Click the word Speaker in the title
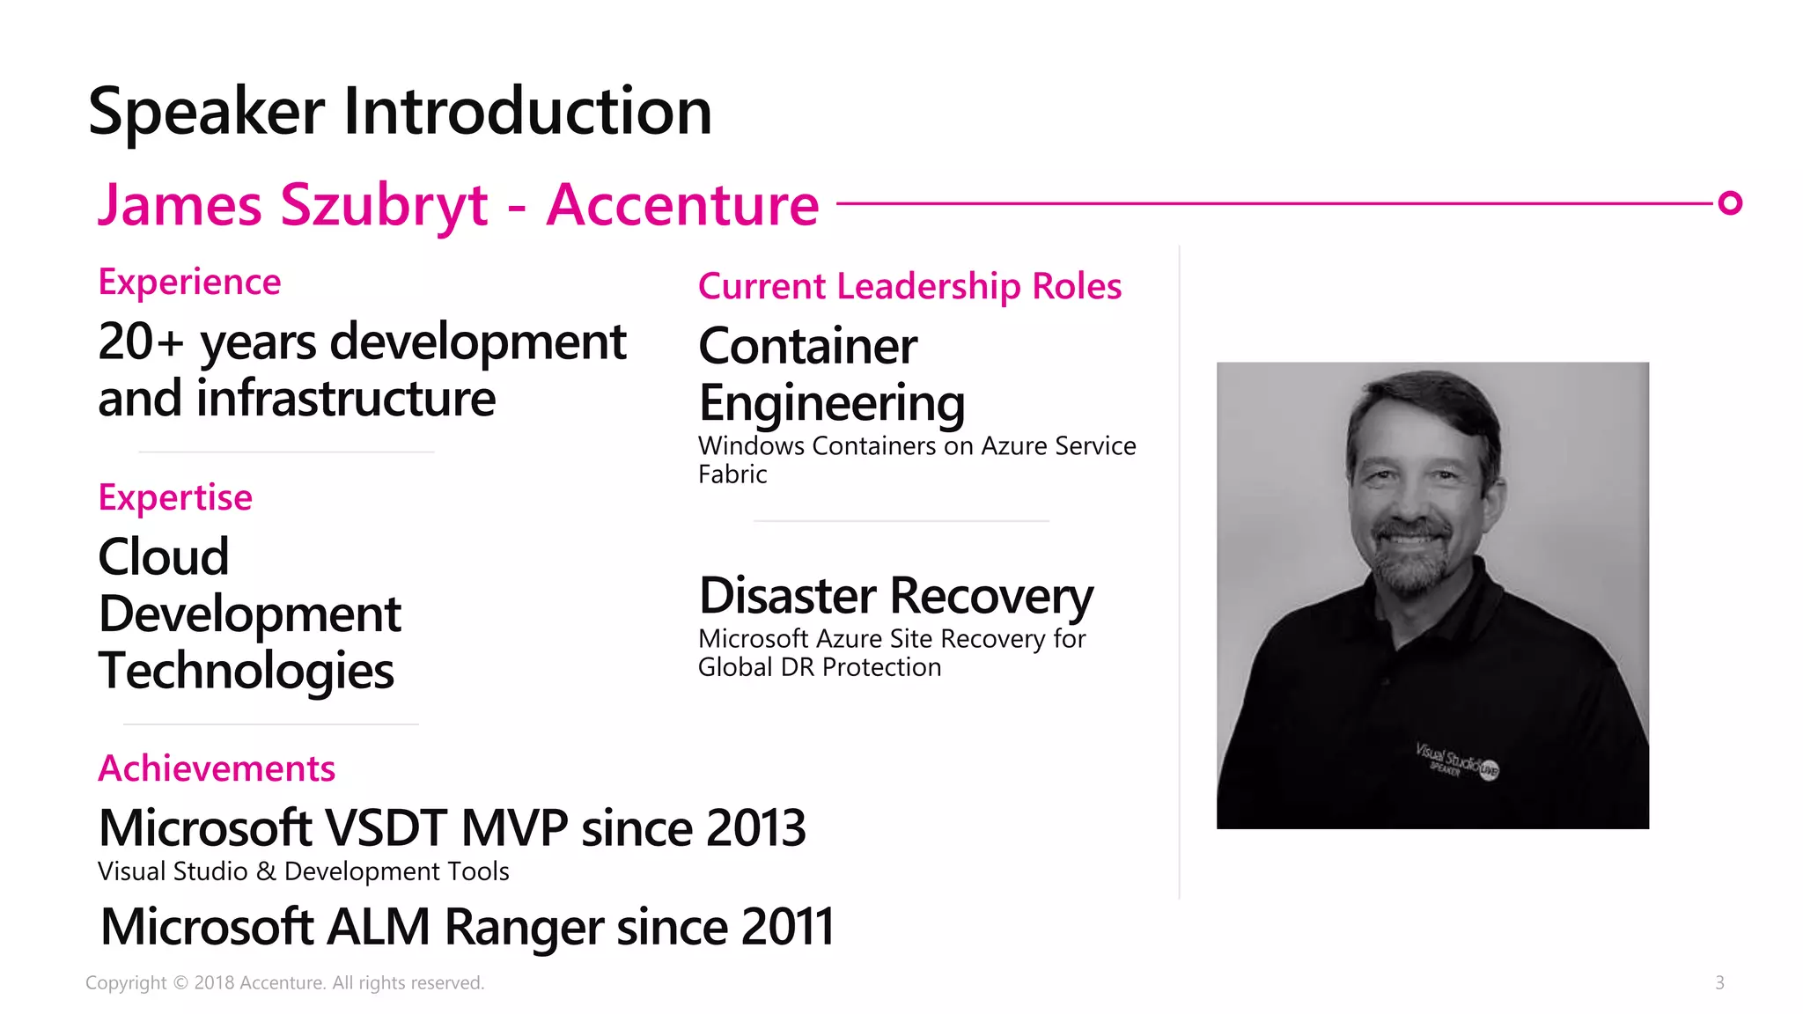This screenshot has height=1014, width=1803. tap(207, 113)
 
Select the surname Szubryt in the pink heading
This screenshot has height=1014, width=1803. tap(384, 205)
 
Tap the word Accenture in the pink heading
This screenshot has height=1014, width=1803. tap(682, 205)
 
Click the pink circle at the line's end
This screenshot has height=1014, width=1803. tap(1730, 203)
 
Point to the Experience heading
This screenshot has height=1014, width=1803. tap(189, 283)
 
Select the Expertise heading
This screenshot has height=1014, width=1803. tap(175, 497)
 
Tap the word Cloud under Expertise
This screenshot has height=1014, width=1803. tap(164, 557)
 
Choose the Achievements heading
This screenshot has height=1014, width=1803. tap(217, 768)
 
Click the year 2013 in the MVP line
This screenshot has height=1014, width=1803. tap(755, 828)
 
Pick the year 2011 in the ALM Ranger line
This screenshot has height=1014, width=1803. tap(787, 927)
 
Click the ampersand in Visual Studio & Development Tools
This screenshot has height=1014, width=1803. tap(266, 871)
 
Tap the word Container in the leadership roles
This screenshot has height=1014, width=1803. tap(807, 346)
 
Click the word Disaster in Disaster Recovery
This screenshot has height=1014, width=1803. tap(787, 596)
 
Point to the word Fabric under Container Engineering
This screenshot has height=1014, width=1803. tap(732, 474)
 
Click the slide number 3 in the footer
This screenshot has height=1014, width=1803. tap(1719, 982)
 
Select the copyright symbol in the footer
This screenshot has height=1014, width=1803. tap(180, 983)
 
